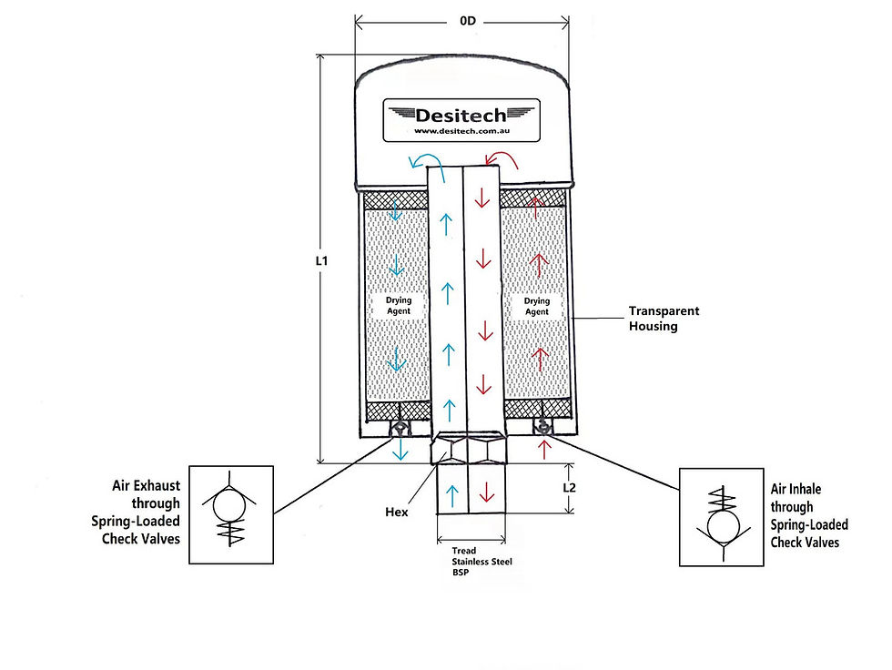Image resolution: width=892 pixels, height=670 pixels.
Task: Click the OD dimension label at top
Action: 467,21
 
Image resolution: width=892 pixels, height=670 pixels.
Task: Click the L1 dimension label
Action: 322,261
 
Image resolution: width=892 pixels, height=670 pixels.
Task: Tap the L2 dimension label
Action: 569,487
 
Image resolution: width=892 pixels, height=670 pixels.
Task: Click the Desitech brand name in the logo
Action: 461,116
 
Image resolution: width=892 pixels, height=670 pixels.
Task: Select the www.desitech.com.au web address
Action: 461,131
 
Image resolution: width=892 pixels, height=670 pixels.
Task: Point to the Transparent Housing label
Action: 664,319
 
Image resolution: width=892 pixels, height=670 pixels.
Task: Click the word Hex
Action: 397,512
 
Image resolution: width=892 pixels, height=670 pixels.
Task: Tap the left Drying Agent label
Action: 399,306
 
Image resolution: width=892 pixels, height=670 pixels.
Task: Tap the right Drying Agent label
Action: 536,306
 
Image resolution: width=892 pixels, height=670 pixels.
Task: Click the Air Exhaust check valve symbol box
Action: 231,514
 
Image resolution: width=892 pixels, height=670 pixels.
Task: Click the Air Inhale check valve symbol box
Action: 721,517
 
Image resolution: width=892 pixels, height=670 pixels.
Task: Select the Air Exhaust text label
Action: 136,512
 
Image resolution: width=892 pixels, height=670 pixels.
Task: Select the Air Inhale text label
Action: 809,515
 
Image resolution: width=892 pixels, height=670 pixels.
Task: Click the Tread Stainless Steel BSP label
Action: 481,562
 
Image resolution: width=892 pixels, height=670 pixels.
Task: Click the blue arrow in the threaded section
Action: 453,496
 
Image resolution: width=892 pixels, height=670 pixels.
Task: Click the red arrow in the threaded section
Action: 486,492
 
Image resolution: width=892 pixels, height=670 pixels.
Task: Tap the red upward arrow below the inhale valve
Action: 544,450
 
